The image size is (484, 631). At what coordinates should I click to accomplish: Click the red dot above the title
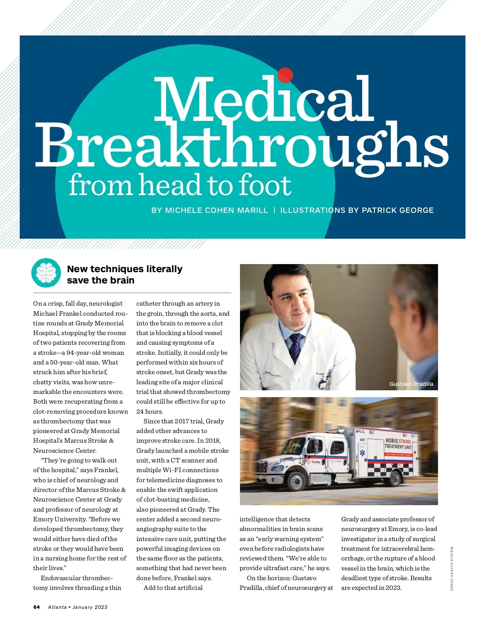pyautogui.click(x=285, y=75)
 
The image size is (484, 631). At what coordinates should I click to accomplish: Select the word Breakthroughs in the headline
pyautogui.click(x=242, y=146)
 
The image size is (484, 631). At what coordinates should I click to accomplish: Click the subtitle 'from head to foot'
pyautogui.click(x=179, y=185)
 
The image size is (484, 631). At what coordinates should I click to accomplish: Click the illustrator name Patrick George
pyautogui.click(x=398, y=210)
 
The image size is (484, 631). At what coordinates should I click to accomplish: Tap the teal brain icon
pyautogui.click(x=46, y=273)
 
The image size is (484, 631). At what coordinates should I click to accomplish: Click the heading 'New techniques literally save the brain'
pyautogui.click(x=125, y=275)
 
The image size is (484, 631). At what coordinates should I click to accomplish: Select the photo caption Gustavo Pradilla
pyautogui.click(x=411, y=384)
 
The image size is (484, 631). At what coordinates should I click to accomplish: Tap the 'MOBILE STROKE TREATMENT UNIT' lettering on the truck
pyautogui.click(x=398, y=444)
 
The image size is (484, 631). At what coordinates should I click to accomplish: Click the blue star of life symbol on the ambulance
pyautogui.click(x=363, y=453)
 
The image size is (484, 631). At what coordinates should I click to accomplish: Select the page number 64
pyautogui.click(x=37, y=607)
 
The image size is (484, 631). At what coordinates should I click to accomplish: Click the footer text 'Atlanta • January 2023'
pyautogui.click(x=78, y=607)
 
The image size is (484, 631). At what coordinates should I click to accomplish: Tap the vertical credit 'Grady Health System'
pyautogui.click(x=452, y=569)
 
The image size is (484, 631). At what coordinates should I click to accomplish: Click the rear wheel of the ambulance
pyautogui.click(x=394, y=478)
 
